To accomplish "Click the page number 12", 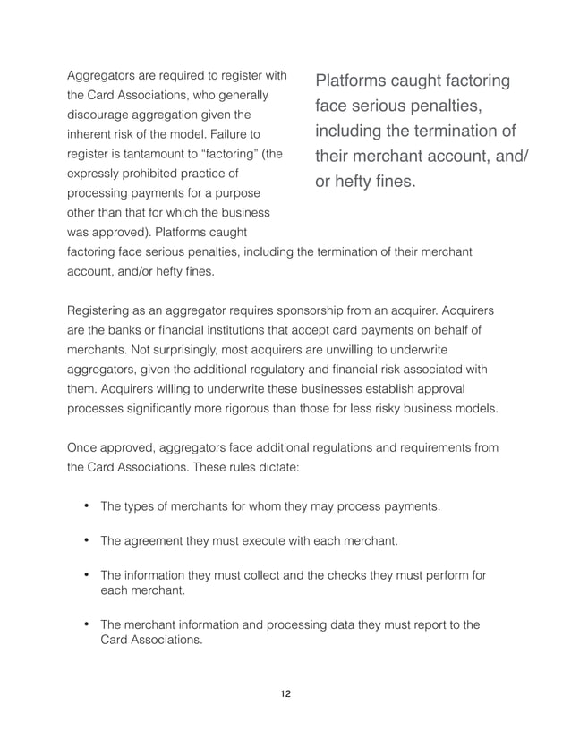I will tap(285, 693).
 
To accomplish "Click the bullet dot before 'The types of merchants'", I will tap(87, 506).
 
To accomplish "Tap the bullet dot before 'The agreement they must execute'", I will tap(87, 540).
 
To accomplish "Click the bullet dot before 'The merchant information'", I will tap(87, 624).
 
